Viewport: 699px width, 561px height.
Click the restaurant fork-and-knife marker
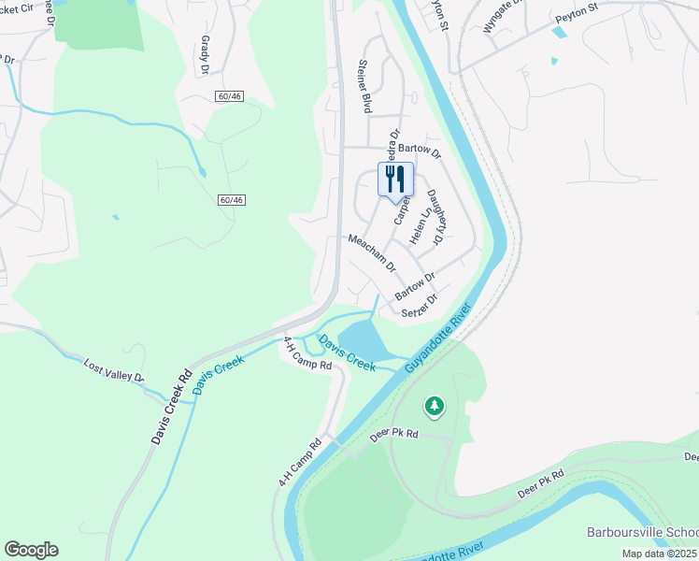point(395,179)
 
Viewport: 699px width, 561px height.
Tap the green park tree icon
point(434,406)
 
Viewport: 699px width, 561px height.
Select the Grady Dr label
point(204,55)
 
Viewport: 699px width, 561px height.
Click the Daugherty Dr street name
point(435,218)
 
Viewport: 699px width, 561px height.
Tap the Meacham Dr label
point(372,252)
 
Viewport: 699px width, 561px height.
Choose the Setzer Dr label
point(419,308)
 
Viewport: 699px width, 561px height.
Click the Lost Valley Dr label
point(114,370)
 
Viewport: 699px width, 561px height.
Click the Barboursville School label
point(643,531)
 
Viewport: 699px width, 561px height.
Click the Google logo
point(31,550)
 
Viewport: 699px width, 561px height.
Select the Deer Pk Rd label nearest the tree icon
point(393,435)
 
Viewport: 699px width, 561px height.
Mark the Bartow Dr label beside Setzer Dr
point(415,287)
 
